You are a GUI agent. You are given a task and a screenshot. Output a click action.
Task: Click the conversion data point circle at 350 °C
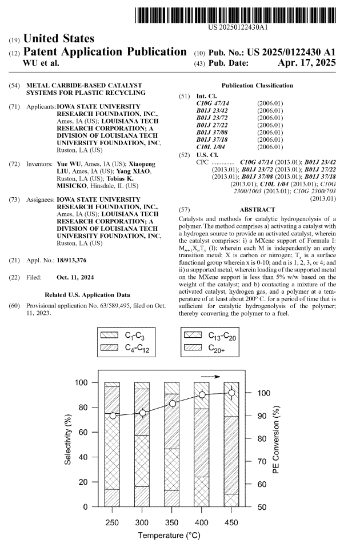tap(172, 404)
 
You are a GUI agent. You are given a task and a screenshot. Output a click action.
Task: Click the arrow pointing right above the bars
tap(210, 376)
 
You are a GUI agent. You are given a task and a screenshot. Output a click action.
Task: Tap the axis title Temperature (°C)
tap(171, 536)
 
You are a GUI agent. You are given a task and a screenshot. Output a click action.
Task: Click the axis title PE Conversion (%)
tap(276, 440)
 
